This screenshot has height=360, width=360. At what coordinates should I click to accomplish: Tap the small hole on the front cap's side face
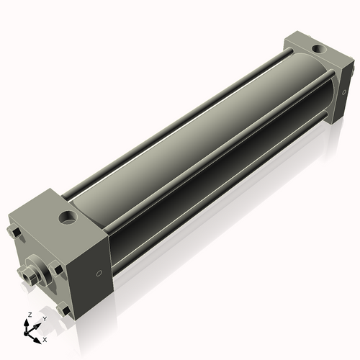[99, 273]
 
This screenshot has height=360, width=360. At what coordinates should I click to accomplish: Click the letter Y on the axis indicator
[45, 318]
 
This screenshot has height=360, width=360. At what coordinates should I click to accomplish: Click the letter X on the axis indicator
[45, 338]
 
